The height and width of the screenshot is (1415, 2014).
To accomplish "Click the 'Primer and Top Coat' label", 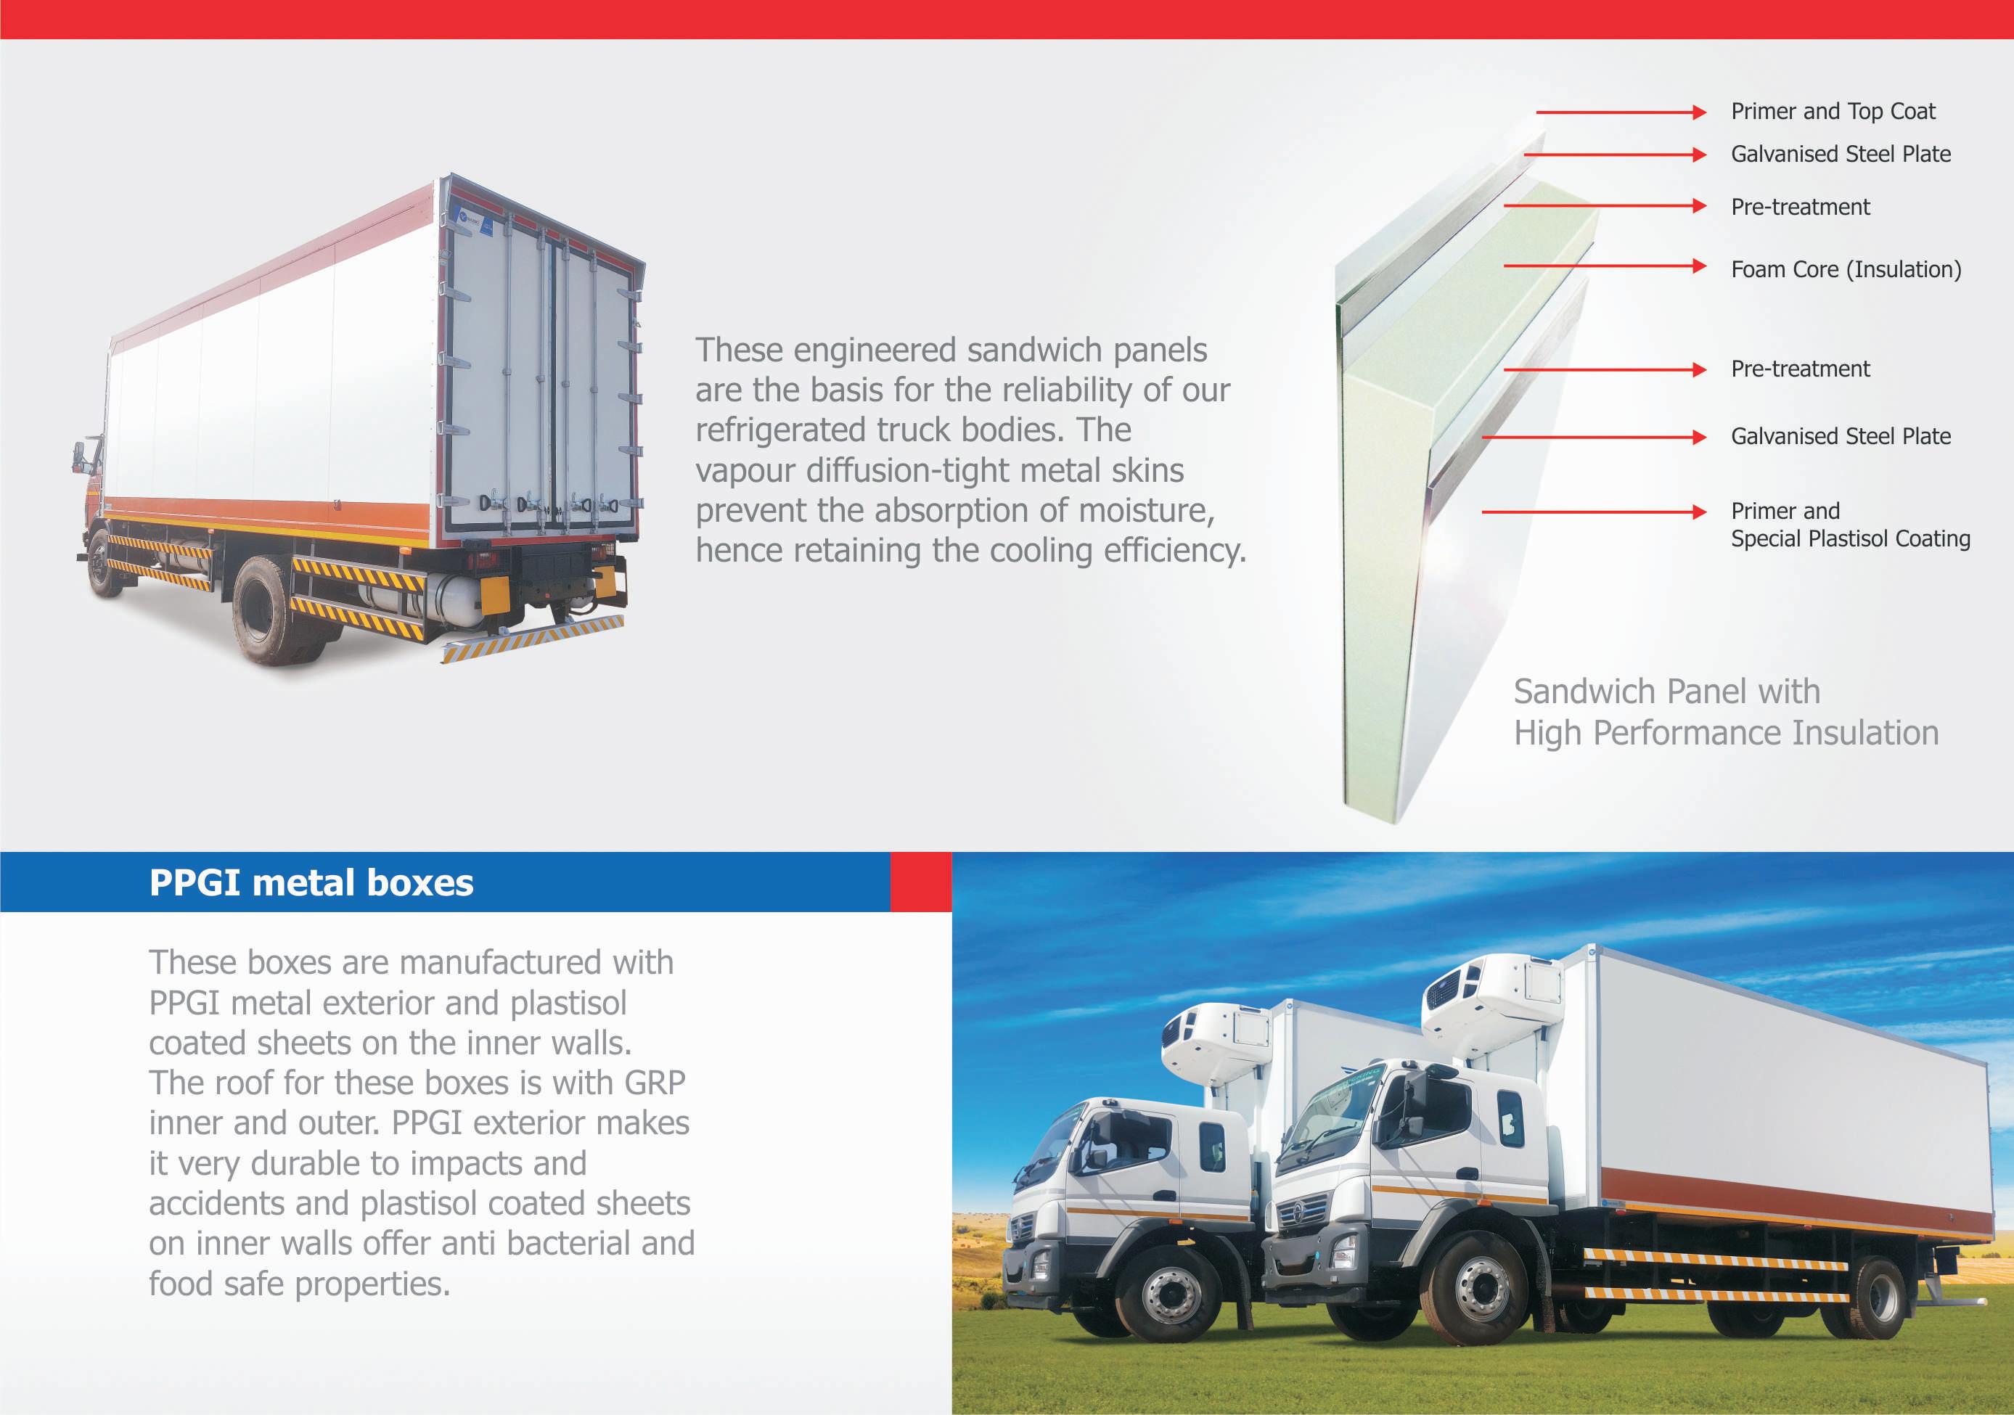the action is pyautogui.click(x=1832, y=112).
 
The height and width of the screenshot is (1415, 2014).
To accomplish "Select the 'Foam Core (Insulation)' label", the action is pyautogui.click(x=1846, y=269).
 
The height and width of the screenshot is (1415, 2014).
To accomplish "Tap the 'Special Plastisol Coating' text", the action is pyautogui.click(x=1850, y=538).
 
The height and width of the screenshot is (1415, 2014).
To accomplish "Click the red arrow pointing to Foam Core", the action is pyautogui.click(x=1605, y=265).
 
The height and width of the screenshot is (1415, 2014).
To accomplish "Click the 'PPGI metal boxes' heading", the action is pyautogui.click(x=311, y=882).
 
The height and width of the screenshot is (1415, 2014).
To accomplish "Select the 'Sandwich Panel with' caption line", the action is pyautogui.click(x=1666, y=692).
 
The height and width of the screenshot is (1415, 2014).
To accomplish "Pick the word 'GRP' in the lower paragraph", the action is pyautogui.click(x=655, y=1083).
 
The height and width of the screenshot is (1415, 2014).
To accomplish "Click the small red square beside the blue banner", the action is pyautogui.click(x=920, y=882).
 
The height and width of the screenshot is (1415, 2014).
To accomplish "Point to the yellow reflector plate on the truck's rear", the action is pyautogui.click(x=495, y=594).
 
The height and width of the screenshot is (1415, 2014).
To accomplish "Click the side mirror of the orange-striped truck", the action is pyautogui.click(x=79, y=456).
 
